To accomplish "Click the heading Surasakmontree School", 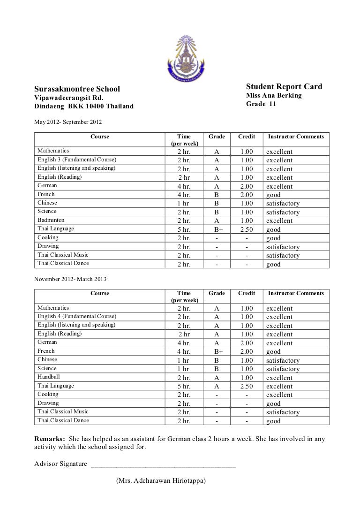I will pyautogui.click(x=77, y=89).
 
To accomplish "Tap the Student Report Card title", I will pyautogui.click(x=284, y=87).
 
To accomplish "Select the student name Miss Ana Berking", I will pyautogui.click(x=274, y=96).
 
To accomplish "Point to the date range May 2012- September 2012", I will pyautogui.click(x=68, y=122).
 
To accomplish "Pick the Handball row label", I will pyautogui.click(x=49, y=377).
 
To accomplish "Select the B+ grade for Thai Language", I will pyautogui.click(x=217, y=230).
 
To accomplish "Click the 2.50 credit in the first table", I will pyautogui.click(x=247, y=230).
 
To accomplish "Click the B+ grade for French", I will pyautogui.click(x=217, y=351).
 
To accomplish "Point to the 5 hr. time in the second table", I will pyautogui.click(x=184, y=386).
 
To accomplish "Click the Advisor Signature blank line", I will pyautogui.click(x=164, y=465).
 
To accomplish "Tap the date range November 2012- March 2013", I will pyautogui.click(x=71, y=279).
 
